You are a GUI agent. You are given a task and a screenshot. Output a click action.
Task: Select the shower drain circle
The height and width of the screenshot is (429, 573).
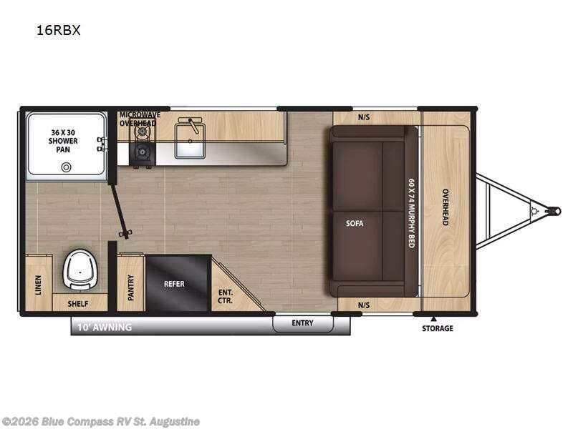point(67,167)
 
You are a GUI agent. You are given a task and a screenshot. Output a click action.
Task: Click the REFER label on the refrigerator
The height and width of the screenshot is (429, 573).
point(174,284)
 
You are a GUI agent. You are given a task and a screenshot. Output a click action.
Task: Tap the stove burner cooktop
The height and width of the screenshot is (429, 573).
point(140,152)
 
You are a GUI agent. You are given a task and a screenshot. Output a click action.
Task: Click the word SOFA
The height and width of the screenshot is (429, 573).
point(355,223)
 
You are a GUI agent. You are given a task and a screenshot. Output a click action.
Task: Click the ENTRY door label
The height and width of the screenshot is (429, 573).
point(302,323)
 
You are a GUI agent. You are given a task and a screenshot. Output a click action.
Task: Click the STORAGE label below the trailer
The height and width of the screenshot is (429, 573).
point(437,328)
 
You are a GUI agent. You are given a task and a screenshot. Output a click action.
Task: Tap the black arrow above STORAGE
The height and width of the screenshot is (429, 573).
point(433,318)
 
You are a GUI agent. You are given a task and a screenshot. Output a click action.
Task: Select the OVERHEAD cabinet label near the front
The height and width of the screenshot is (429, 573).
point(445,207)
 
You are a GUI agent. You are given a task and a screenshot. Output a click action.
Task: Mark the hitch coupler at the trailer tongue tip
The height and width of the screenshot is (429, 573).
point(554,211)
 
